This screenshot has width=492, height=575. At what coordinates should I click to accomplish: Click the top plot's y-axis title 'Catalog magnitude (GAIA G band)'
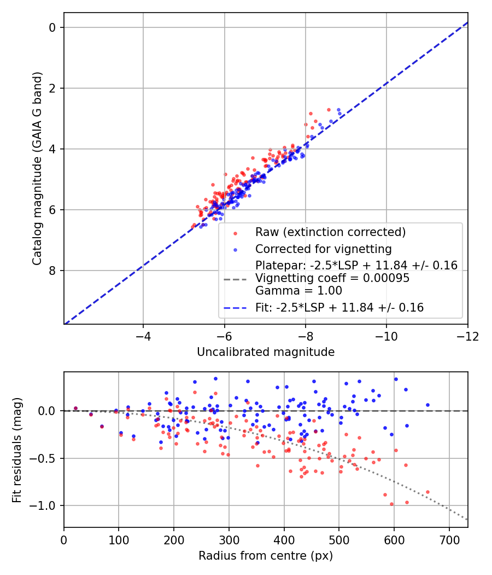37,168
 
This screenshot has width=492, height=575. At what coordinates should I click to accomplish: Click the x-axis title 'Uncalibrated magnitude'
266,352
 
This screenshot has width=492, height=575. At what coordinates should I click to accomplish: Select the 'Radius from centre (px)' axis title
266,556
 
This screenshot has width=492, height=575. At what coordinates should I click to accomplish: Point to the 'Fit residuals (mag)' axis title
17,450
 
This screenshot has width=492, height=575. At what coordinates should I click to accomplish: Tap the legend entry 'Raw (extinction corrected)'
330,232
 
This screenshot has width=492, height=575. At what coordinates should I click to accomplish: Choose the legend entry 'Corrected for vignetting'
324,249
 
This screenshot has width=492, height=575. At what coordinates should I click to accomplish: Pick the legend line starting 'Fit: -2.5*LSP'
339,308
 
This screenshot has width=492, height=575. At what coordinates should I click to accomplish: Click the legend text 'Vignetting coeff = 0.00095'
332,278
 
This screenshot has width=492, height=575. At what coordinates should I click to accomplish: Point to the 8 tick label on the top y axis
52,271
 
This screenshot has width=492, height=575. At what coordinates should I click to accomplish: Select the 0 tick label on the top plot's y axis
52,27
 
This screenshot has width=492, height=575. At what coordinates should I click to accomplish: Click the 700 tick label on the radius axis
449,539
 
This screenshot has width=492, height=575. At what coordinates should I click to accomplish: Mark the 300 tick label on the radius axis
229,539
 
